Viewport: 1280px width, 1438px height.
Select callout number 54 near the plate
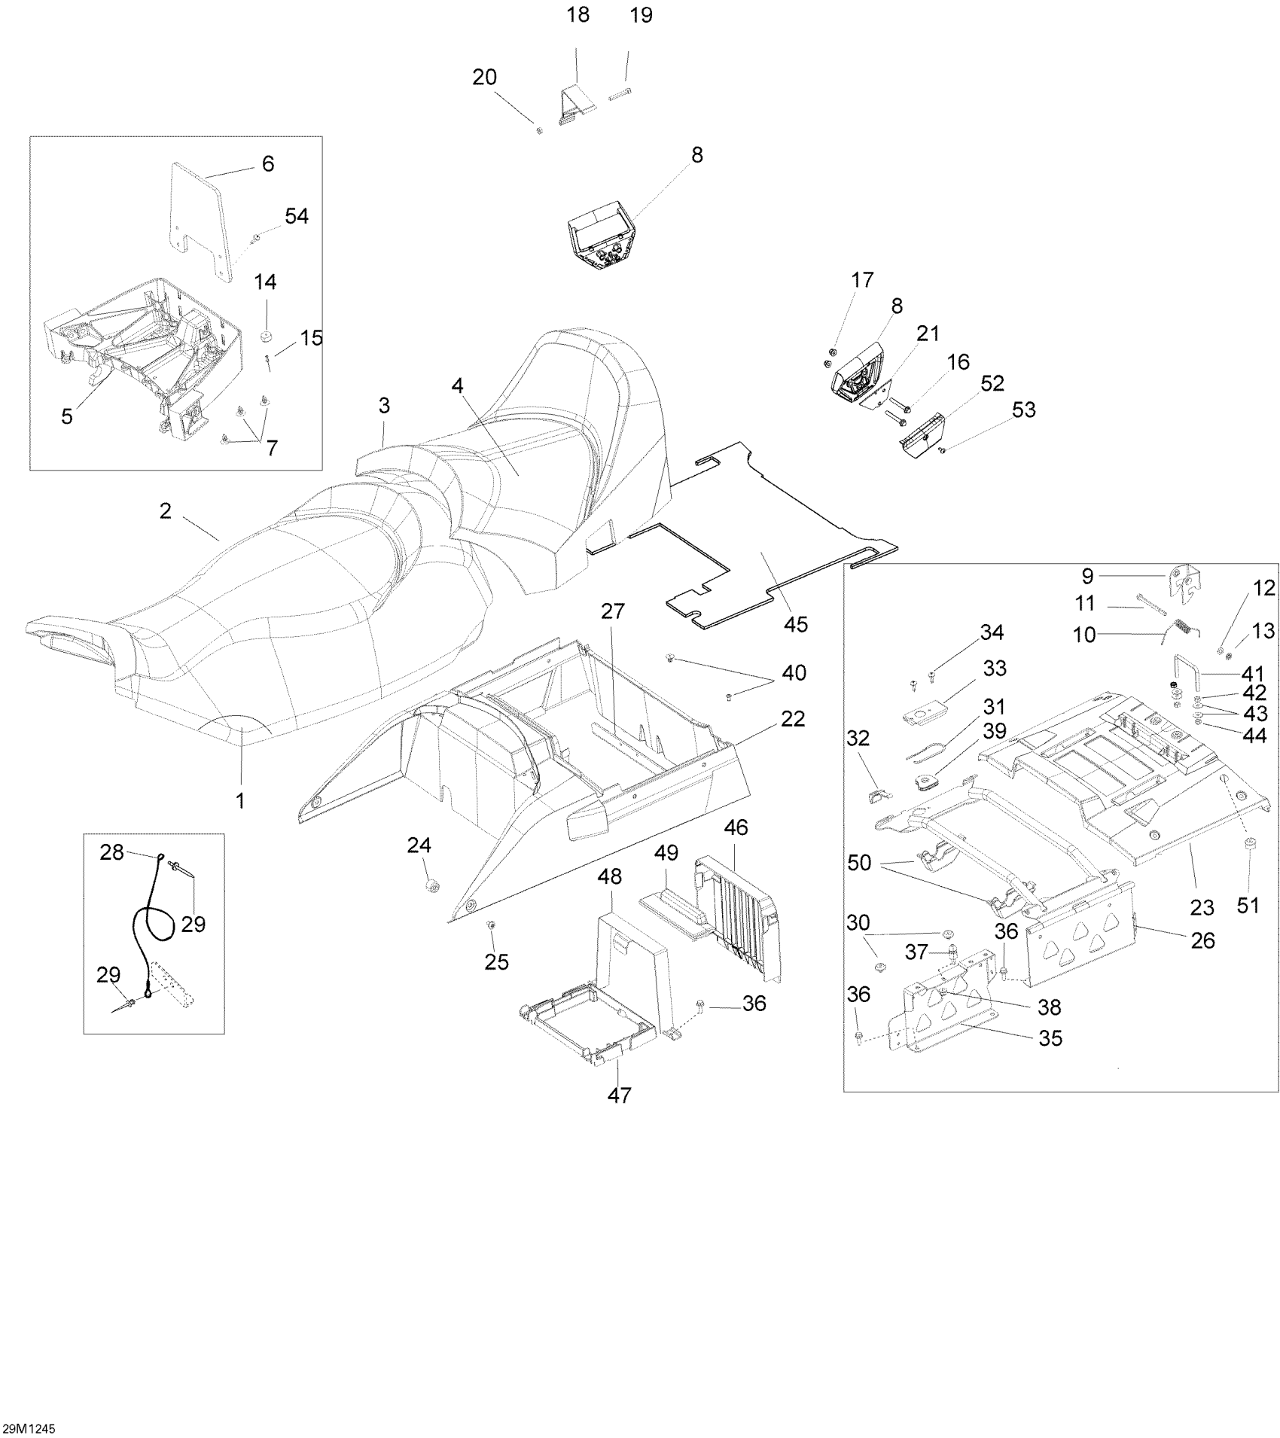point(296,217)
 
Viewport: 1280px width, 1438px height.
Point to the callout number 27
point(613,611)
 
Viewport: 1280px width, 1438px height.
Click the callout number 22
point(793,719)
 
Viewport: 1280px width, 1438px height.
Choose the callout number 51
point(1248,904)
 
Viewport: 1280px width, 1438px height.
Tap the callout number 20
point(485,78)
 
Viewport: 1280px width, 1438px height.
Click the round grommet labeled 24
point(432,886)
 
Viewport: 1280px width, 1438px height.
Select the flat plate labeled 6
point(197,218)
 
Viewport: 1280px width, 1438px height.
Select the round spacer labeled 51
point(1248,844)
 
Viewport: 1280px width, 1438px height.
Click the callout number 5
point(67,416)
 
